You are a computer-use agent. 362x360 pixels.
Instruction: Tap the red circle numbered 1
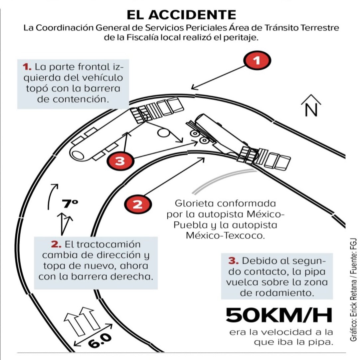[257, 60]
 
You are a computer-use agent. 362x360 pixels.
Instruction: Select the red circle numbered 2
[138, 203]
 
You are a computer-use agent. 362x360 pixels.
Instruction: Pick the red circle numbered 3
[120, 162]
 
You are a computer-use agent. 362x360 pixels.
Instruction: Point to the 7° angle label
[70, 203]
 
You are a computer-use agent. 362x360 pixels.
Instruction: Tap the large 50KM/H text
[279, 315]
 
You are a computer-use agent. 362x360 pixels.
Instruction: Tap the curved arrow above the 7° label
[52, 195]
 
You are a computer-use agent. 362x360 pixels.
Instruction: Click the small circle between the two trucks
[163, 133]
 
